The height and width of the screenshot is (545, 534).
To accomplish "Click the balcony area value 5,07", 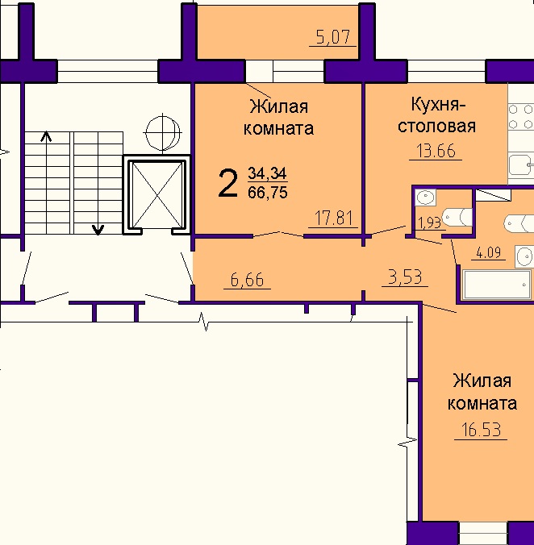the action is pos(333,37).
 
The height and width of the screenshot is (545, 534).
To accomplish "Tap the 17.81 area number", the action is pos(333,218).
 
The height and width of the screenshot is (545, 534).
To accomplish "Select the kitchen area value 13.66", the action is pos(436,152).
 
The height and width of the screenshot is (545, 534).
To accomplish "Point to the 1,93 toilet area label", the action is pos(431,223).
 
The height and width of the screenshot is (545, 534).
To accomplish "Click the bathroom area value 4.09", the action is pos(488,252).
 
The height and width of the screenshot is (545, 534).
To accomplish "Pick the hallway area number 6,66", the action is pos(247,280).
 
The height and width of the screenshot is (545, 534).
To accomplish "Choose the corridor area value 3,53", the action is pos(405,277).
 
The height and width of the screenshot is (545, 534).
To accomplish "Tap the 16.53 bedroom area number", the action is pos(481,430).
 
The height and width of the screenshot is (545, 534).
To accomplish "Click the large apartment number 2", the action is pos(227,184).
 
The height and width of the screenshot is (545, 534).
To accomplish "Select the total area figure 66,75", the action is pos(268,192).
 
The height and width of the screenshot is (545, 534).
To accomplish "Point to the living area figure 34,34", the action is pos(267,173).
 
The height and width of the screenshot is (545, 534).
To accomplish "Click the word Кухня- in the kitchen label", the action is pos(438,104).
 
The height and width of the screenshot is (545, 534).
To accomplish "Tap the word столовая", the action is pos(436,127).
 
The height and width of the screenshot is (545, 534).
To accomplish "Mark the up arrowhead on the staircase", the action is pos(46,137).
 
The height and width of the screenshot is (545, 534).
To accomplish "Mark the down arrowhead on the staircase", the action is pos(98,230).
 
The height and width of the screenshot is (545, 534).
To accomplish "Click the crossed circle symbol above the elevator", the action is pos(163,132).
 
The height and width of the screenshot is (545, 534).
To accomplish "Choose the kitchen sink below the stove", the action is pos(521,165).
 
